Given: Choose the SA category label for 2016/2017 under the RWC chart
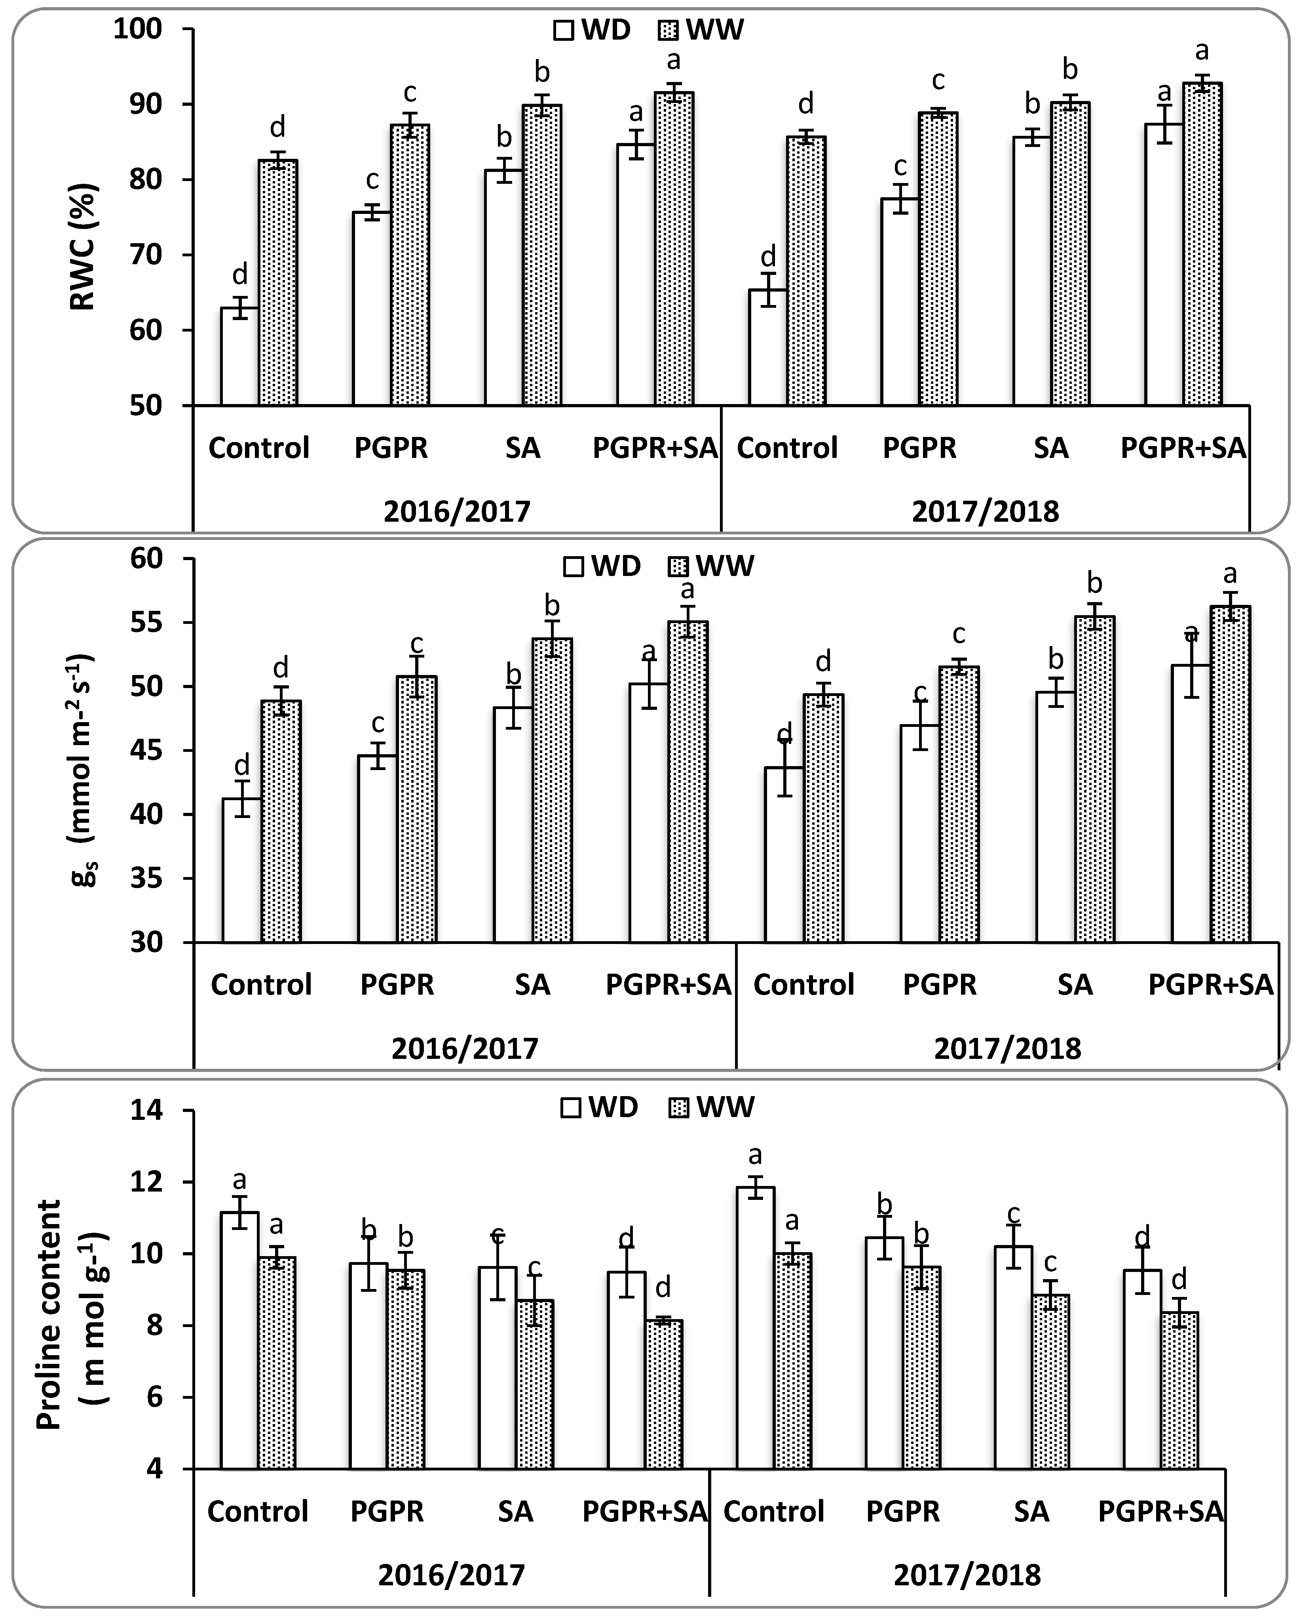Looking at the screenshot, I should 522,448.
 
